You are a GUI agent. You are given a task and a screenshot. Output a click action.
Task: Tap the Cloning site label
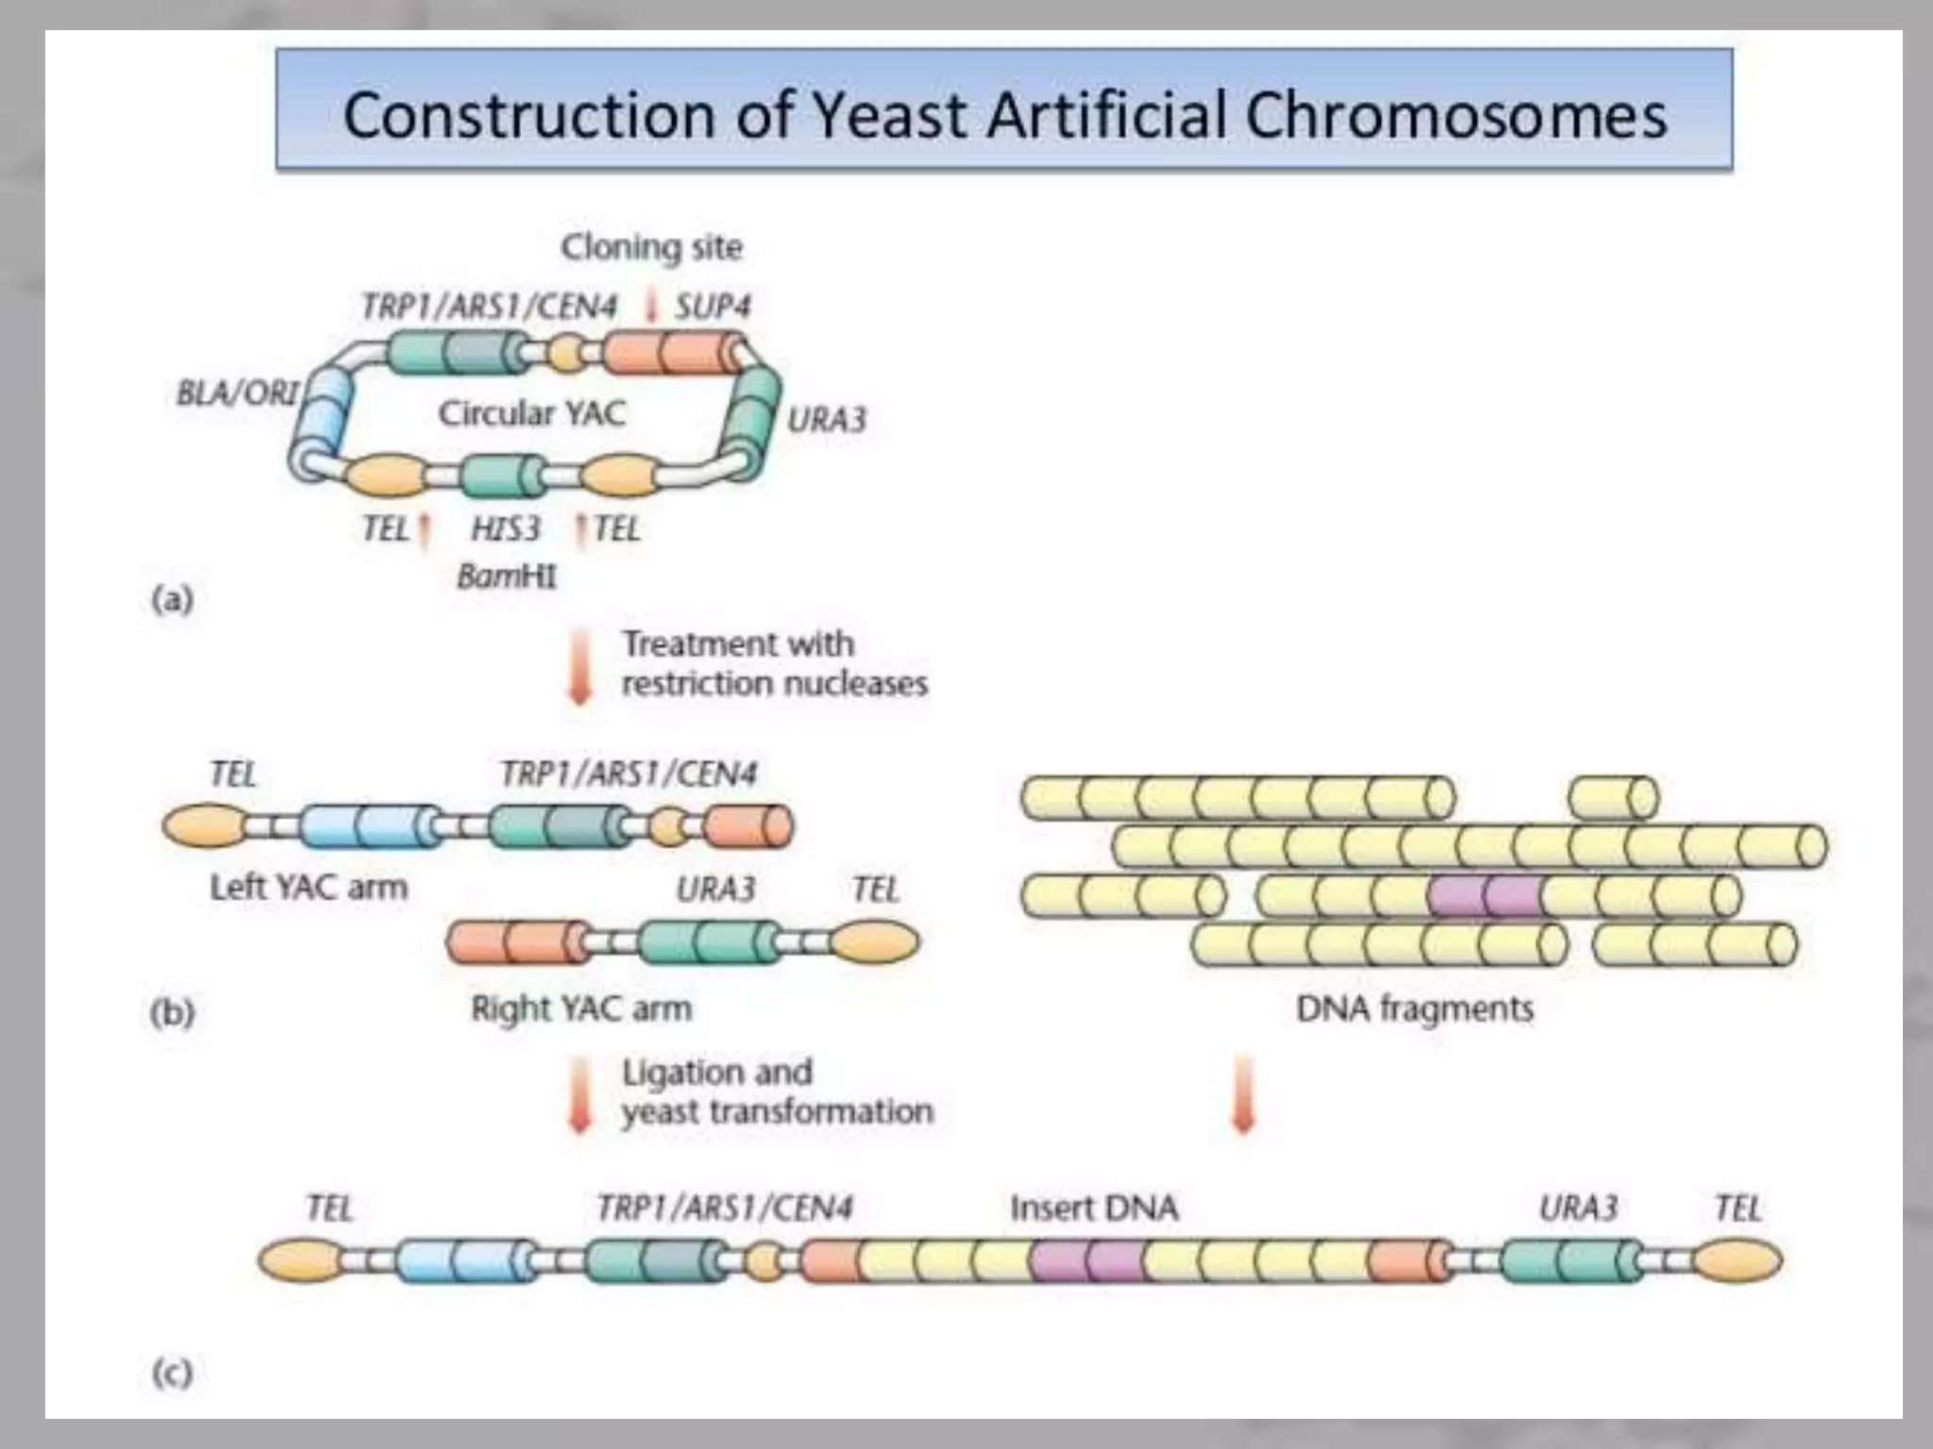point(651,248)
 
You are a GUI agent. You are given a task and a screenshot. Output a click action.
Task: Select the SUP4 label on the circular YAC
point(713,307)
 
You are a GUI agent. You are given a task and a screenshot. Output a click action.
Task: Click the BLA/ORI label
point(238,392)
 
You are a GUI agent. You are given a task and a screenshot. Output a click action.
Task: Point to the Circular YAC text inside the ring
point(531,413)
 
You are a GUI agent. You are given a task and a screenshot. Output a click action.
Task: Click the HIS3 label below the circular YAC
point(506,529)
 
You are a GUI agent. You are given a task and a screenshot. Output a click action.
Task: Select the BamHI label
point(507,576)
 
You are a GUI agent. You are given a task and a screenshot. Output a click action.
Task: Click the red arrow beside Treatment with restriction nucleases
point(580,666)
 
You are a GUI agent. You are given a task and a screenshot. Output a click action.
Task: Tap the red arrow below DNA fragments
point(1244,1094)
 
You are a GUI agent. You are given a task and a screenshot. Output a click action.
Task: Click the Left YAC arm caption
point(308,888)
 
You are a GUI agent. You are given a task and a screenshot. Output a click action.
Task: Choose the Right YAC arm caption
point(580,1008)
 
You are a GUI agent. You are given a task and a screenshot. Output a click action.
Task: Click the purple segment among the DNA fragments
point(1485,896)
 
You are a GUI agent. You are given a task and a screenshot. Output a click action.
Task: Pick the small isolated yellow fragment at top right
point(1613,798)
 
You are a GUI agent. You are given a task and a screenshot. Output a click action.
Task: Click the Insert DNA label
point(1094,1208)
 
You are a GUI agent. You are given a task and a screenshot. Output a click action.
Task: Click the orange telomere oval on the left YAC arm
point(202,826)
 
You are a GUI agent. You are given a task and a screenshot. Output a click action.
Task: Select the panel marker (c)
point(172,1373)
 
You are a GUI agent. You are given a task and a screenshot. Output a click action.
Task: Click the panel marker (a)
point(172,599)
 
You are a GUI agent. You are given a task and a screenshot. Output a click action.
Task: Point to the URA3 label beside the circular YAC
point(826,420)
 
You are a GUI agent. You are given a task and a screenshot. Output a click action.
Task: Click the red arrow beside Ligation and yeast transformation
point(580,1094)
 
